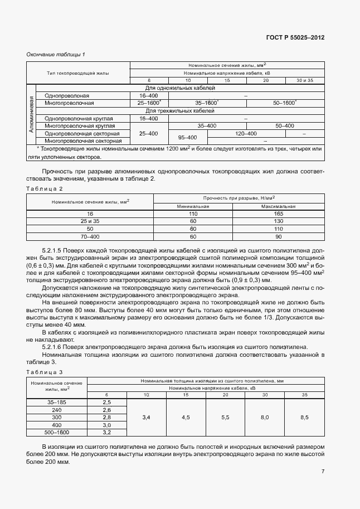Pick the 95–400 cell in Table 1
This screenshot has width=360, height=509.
pyautogui.click(x=187, y=137)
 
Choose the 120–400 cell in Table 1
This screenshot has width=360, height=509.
pyautogui.click(x=246, y=134)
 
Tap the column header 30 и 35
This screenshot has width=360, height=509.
pyautogui.click(x=304, y=81)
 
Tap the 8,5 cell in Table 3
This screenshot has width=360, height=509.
pyautogui.click(x=304, y=417)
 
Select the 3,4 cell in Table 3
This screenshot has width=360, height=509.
pyautogui.click(x=147, y=417)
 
